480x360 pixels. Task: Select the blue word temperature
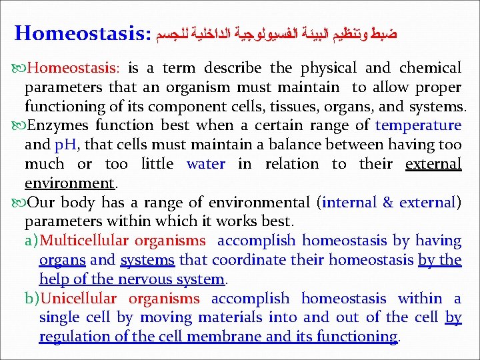tap(418, 125)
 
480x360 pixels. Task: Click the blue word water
tap(206, 164)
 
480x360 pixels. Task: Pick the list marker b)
tap(32, 299)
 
